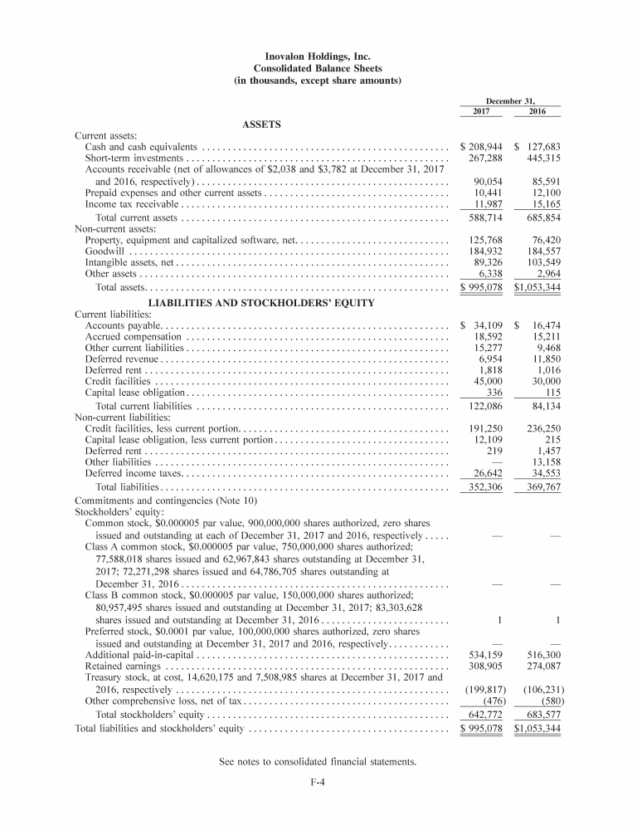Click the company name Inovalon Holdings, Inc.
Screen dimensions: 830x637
coord(318,56)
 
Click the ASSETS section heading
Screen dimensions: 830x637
coord(261,125)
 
